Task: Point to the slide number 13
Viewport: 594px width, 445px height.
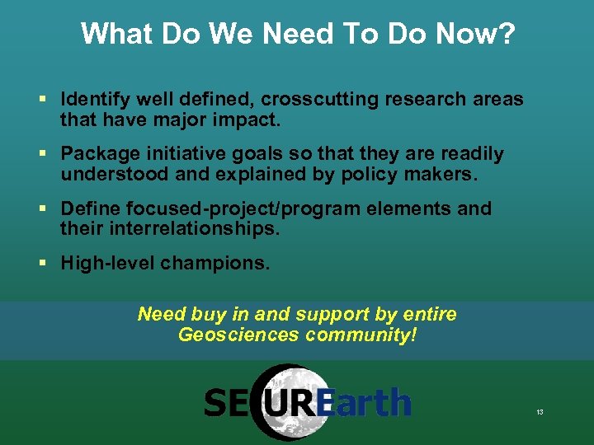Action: pyautogui.click(x=540, y=411)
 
